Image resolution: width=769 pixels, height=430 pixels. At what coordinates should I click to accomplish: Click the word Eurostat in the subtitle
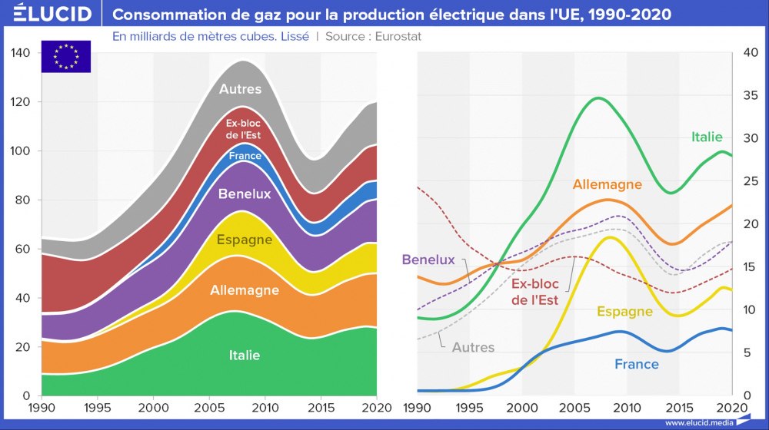pos(398,36)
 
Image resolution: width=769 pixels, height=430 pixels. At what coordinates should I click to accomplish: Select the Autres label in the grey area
pos(240,89)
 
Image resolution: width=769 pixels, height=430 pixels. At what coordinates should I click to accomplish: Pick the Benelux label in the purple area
pos(245,193)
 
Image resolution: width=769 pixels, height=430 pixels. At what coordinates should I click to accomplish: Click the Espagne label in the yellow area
pos(245,240)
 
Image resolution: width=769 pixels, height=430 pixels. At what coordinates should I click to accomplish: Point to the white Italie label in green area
pos(245,355)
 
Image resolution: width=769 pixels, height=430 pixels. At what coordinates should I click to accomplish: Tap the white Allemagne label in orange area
pos(245,290)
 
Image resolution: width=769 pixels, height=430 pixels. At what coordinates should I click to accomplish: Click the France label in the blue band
pos(245,156)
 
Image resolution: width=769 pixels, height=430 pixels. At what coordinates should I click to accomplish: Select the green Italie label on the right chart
pos(707,137)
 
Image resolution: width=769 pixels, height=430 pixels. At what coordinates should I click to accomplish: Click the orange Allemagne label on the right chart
pos(607,184)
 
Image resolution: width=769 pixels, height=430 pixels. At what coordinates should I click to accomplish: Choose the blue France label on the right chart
pos(637,364)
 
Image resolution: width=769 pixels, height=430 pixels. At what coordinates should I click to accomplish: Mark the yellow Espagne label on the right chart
pos(624,311)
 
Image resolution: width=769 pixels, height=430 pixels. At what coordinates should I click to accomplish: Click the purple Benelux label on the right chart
pos(428,260)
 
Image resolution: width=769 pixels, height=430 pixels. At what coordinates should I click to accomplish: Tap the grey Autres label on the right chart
pos(473,347)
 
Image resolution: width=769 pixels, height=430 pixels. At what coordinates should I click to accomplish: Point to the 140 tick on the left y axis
pos(21,53)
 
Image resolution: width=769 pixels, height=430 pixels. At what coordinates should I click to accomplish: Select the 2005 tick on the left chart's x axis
pos(209,405)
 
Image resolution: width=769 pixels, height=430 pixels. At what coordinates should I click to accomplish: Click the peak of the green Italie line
pos(598,98)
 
